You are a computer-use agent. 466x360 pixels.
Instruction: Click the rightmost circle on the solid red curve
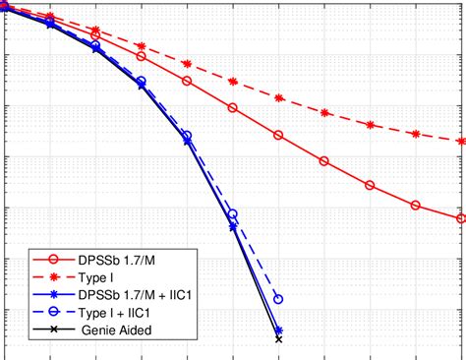pyautogui.click(x=461, y=218)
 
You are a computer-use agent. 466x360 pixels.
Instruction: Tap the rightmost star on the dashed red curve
pyautogui.click(x=461, y=141)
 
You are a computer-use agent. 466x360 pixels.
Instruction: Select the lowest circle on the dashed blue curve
pyautogui.click(x=278, y=299)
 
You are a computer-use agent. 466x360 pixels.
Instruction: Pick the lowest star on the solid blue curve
pyautogui.click(x=278, y=330)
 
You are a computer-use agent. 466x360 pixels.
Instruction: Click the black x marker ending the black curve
pyautogui.click(x=278, y=339)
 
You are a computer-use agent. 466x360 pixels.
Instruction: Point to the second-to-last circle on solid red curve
pyautogui.click(x=415, y=206)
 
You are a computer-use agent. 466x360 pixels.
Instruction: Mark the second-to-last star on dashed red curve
pyautogui.click(x=415, y=134)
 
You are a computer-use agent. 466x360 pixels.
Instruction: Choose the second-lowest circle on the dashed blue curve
pyautogui.click(x=233, y=213)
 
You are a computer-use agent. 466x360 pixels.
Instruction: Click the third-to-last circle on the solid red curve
pyautogui.click(x=370, y=185)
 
